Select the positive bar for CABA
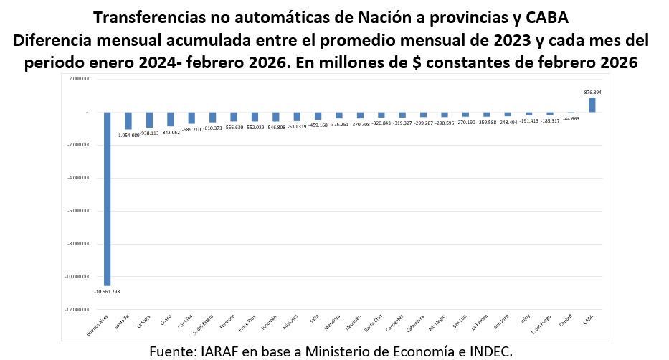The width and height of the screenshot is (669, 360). click(x=592, y=105)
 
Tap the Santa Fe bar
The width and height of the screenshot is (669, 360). click(x=128, y=120)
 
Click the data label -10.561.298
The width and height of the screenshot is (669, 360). click(x=107, y=292)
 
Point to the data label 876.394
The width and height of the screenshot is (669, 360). click(x=592, y=93)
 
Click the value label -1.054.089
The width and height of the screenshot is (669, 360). click(x=128, y=135)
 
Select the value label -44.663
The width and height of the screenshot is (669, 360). click(x=571, y=118)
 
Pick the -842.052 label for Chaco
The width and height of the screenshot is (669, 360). click(x=171, y=132)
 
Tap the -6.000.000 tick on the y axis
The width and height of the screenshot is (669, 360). click(x=77, y=211)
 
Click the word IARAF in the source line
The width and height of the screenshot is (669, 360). click(x=217, y=351)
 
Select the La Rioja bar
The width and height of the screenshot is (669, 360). click(x=149, y=120)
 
